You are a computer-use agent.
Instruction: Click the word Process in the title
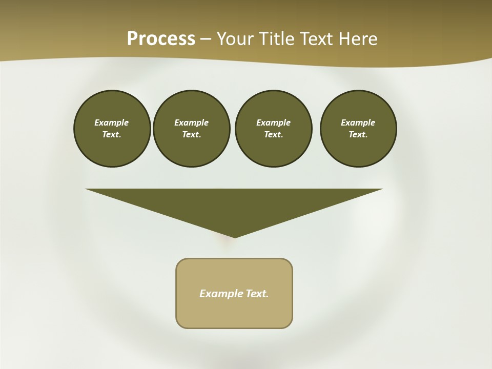click(x=161, y=38)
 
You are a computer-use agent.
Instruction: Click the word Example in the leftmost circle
click(x=112, y=122)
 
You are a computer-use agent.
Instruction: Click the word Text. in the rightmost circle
click(x=358, y=135)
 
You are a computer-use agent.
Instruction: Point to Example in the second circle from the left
click(x=192, y=122)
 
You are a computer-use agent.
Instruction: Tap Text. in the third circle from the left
click(x=273, y=135)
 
